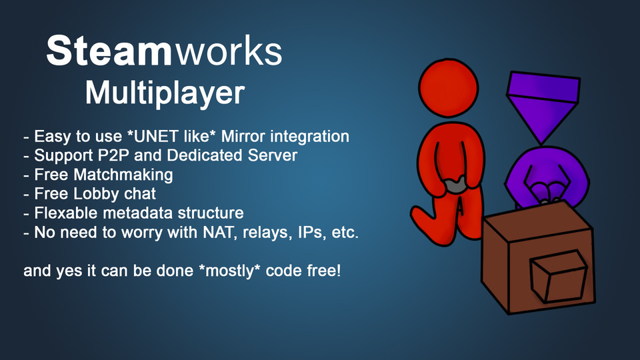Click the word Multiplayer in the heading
click(x=165, y=93)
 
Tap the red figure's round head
click(x=449, y=89)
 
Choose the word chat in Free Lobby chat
click(x=139, y=195)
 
